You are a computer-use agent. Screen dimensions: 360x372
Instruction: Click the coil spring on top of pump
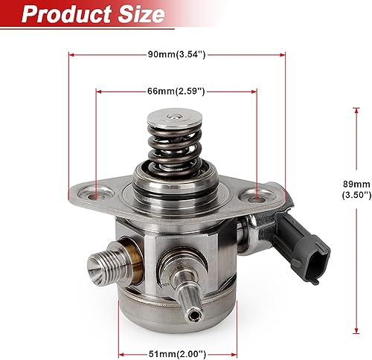[x=173, y=145]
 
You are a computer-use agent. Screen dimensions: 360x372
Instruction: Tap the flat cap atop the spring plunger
[x=173, y=117]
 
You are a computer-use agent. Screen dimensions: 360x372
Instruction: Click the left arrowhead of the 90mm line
[x=71, y=54]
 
